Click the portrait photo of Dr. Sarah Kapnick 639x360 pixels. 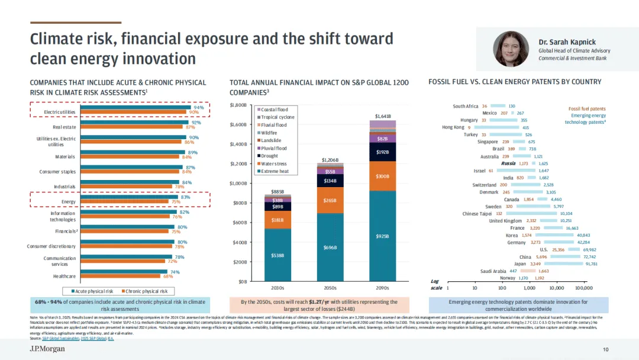(x=512, y=49)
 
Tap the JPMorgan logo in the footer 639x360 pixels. (x=47, y=349)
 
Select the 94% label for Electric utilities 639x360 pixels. (x=198, y=108)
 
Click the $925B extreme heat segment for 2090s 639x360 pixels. (x=383, y=236)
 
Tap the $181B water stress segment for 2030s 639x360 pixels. (x=277, y=220)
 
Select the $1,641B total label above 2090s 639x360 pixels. (x=383, y=116)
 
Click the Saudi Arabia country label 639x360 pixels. (x=493, y=271)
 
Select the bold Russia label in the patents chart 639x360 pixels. (x=508, y=163)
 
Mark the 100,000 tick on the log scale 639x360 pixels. (x=583, y=287)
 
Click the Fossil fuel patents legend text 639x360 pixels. (x=587, y=108)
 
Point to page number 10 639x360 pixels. (x=605, y=349)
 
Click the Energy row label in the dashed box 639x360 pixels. (x=68, y=201)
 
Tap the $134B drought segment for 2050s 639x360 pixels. (x=330, y=180)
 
